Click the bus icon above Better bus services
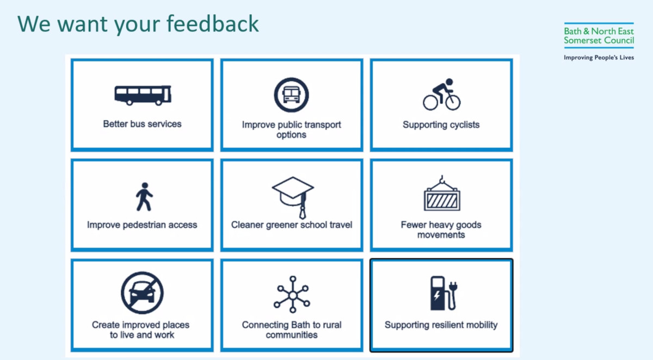tap(143, 95)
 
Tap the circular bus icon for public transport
tap(291, 95)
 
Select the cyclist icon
tap(442, 94)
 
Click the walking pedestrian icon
tap(144, 197)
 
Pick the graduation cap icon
tap(293, 197)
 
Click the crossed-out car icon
tap(142, 293)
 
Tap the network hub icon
tap(292, 294)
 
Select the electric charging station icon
tap(443, 293)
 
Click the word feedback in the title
tap(213, 24)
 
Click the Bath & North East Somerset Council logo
tap(599, 35)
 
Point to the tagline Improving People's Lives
tap(599, 58)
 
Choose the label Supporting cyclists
tap(441, 125)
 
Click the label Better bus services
tap(142, 124)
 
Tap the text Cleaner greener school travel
tap(292, 225)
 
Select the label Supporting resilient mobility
tap(441, 325)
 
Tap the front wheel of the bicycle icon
tap(453, 103)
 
